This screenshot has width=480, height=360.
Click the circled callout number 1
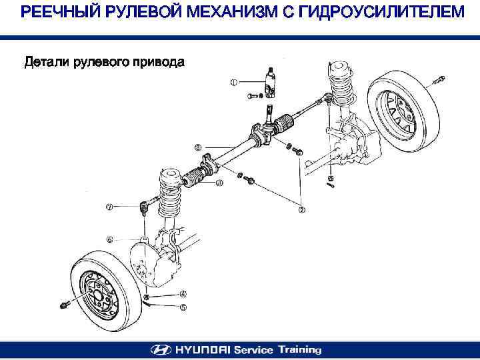[233, 83]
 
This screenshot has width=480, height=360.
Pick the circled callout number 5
[183, 307]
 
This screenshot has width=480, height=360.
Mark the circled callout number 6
[109, 238]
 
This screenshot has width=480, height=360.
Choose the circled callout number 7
[109, 206]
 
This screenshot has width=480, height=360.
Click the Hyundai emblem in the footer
[161, 349]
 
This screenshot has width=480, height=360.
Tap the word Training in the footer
[299, 349]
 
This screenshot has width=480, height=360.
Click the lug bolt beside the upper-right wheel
[438, 82]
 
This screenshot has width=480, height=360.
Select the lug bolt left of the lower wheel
[64, 305]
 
